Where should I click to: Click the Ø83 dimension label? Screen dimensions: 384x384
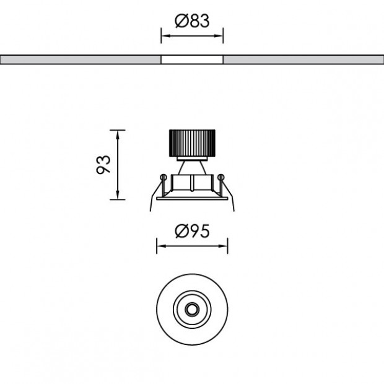coord(192,20)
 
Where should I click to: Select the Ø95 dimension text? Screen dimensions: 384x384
coord(191,232)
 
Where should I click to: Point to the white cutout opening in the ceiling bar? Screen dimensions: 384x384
coord(192,60)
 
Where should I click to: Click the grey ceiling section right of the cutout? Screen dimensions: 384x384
coord(303,60)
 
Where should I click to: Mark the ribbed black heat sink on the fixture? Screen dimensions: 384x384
coord(192,144)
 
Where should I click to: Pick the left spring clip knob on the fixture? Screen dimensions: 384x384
coord(163,178)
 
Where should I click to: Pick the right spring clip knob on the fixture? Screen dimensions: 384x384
coord(220,178)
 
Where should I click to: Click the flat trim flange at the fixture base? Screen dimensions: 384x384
coord(192,199)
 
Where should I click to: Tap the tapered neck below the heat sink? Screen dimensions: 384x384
coord(191,166)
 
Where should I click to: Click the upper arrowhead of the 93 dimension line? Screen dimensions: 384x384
coord(118,132)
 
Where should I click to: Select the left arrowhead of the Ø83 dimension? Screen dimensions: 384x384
coord(164,36)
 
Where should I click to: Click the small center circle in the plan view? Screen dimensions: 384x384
coord(191,308)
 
